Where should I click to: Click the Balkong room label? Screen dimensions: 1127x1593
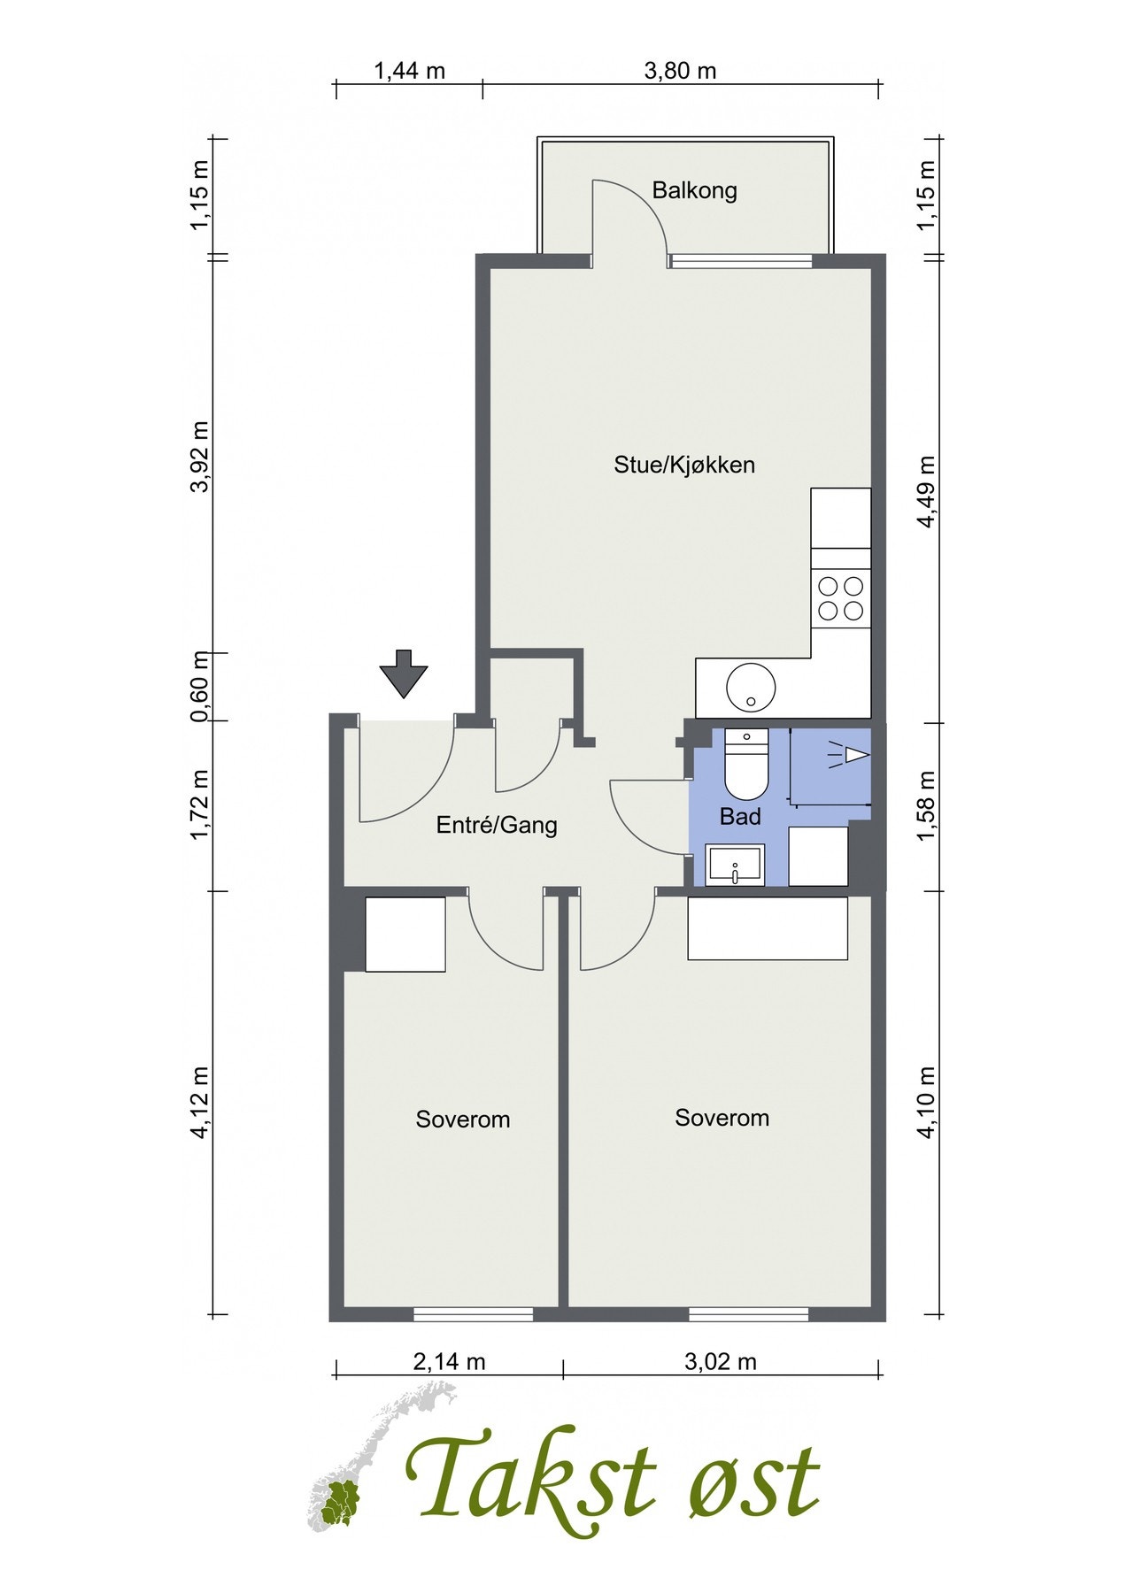(694, 190)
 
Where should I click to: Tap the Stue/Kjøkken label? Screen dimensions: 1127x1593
(684, 465)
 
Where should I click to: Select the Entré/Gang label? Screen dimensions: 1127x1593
(497, 826)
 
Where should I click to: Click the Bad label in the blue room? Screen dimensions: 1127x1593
(740, 816)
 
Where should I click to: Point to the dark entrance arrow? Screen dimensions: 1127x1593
(404, 673)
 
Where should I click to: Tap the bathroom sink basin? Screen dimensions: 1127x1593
(734, 865)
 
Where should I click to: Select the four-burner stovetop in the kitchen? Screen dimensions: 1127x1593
(840, 598)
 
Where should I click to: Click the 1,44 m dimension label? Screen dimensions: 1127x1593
(410, 71)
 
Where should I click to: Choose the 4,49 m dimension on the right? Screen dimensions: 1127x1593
(926, 491)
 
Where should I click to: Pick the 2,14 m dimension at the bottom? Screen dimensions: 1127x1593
(450, 1362)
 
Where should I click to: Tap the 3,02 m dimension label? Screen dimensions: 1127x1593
(721, 1362)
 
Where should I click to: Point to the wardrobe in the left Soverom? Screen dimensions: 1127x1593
(405, 935)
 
